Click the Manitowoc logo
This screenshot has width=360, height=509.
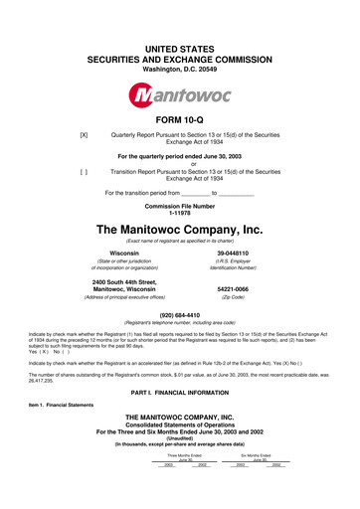179,97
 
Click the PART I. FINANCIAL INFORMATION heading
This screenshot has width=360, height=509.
179,425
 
